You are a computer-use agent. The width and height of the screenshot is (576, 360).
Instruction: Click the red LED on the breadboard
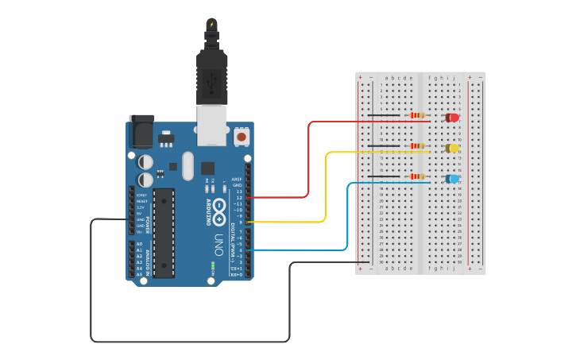coord(452,118)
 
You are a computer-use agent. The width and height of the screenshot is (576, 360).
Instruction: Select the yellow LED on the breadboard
coord(452,148)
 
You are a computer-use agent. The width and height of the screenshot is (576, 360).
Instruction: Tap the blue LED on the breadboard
coord(452,179)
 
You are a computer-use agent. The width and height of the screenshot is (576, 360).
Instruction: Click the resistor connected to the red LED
coord(416,116)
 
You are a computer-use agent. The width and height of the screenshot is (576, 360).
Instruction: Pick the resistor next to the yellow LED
coord(416,146)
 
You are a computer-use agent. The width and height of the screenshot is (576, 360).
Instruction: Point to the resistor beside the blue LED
coord(416,176)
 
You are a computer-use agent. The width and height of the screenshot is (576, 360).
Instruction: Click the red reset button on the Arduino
coord(241,137)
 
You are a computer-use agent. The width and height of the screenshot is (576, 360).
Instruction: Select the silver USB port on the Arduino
coord(211,127)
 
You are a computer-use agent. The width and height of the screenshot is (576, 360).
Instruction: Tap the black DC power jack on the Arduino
coord(142,131)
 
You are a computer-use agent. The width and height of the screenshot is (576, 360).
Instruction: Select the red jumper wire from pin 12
coord(308,159)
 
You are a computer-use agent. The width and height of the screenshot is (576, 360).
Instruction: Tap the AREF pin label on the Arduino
coord(237,180)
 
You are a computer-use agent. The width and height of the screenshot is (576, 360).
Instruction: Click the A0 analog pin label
coord(140,244)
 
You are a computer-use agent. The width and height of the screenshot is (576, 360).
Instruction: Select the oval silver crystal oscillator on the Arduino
coord(187,166)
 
